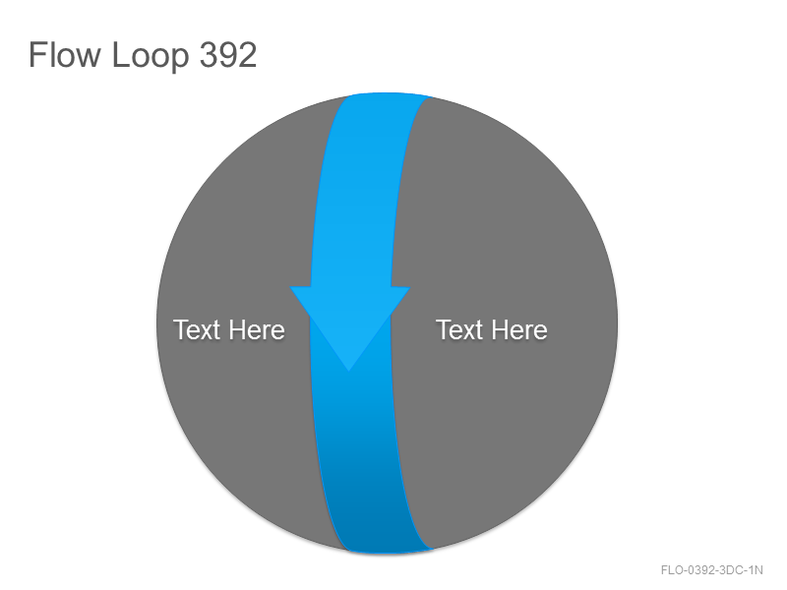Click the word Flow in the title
pyautogui.click(x=64, y=54)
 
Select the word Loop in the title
pyautogui.click(x=150, y=56)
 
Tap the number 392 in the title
pyautogui.click(x=228, y=54)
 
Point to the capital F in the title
pyautogui.click(x=36, y=54)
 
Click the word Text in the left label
pyautogui.click(x=198, y=329)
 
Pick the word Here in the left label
pyautogui.click(x=258, y=329)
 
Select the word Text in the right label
pyautogui.click(x=459, y=329)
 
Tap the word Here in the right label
pyautogui.click(x=520, y=329)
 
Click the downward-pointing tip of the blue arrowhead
pyautogui.click(x=349, y=372)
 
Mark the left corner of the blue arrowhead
pyautogui.click(x=290, y=287)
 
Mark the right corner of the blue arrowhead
pyautogui.click(x=410, y=287)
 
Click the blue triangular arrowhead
pyautogui.click(x=350, y=316)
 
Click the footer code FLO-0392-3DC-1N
pyautogui.click(x=711, y=570)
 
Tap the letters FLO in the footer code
pyautogui.click(x=672, y=570)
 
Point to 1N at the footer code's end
pyautogui.click(x=756, y=570)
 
